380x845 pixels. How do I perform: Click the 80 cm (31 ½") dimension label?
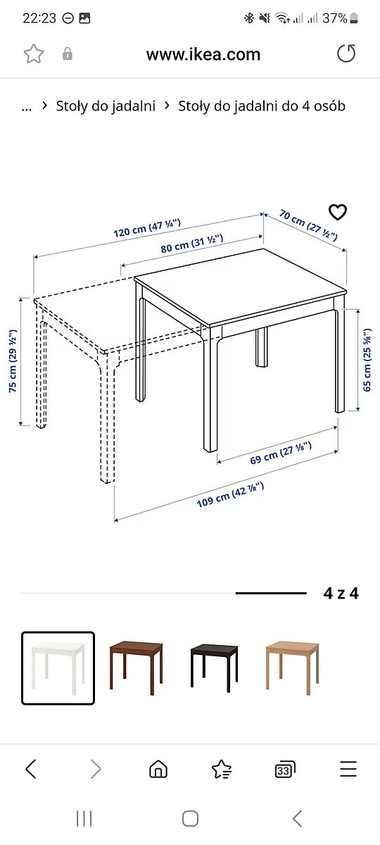click(192, 244)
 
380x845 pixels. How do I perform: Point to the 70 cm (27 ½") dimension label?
click(308, 225)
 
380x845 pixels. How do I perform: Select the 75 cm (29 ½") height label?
click(13, 361)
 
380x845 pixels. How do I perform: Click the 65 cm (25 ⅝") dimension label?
click(367, 360)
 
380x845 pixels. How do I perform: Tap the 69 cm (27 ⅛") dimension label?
click(281, 453)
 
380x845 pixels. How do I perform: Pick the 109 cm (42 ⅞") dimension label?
click(230, 494)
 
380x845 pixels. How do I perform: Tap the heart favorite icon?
click(337, 212)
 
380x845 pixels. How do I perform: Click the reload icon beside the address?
click(346, 53)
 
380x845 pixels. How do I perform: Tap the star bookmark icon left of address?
click(34, 54)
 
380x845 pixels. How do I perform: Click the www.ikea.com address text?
click(203, 54)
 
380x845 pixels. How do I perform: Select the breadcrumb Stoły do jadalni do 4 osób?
click(262, 106)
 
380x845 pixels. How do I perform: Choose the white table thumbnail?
click(58, 668)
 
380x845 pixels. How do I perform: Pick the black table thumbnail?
click(214, 668)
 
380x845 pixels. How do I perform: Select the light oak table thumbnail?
click(293, 668)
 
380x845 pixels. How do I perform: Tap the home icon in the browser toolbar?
click(158, 768)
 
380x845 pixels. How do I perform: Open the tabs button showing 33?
click(285, 769)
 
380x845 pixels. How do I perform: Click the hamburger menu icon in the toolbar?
click(348, 768)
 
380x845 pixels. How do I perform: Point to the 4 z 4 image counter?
click(341, 594)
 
